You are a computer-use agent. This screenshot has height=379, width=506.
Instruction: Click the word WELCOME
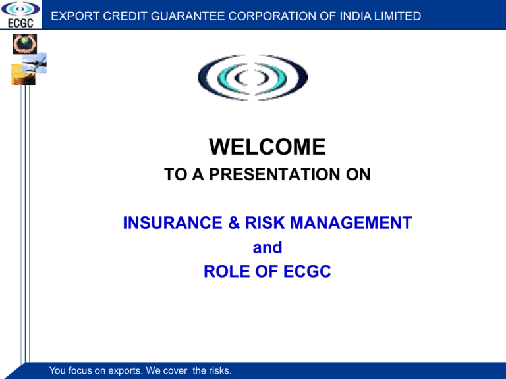pos(267,147)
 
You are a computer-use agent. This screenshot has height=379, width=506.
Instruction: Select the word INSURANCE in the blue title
pos(173,222)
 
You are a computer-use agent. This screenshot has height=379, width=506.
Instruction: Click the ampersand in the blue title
pos(234,222)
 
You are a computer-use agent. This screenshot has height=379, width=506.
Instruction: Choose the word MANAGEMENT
pos(351,222)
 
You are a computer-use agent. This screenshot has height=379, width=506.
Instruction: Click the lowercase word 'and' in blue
pos(267,247)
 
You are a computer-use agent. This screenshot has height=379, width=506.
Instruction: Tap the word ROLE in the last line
pos(227,271)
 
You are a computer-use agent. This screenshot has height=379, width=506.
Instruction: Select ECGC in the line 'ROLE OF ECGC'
pos(307,271)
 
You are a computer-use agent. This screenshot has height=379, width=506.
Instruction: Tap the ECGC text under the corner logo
pos(20,23)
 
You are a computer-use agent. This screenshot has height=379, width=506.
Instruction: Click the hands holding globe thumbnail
pos(25,44)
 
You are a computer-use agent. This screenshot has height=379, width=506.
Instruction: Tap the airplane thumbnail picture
pos(35,63)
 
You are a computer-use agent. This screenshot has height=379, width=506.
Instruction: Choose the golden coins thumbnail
pos(23,75)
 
